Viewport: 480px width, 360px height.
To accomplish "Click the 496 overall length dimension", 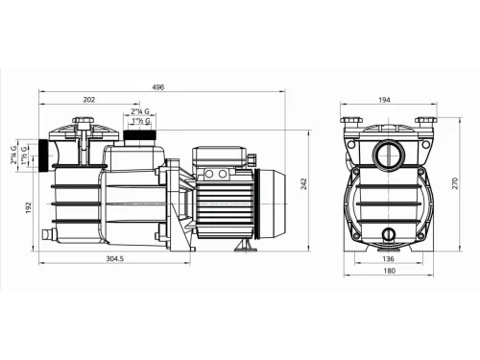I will tap(159, 86).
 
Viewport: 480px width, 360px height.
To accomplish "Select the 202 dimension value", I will tap(89, 100).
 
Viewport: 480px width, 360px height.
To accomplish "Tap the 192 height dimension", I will tap(29, 205).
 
